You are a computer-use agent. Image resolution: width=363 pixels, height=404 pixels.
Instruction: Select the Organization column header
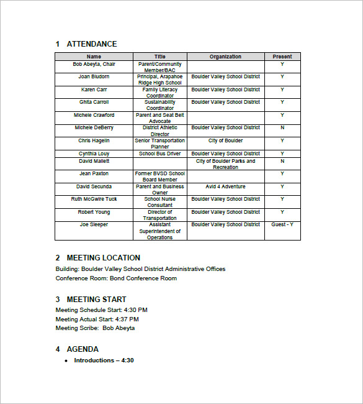coord(225,57)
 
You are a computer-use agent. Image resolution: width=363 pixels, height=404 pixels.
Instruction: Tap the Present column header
coord(282,57)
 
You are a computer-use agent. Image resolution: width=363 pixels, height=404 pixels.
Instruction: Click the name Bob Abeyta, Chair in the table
coord(94,64)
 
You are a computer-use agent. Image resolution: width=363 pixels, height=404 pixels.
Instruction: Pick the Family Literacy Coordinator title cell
coord(160,93)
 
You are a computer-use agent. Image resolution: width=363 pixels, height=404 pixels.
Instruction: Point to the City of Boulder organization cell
coord(225,141)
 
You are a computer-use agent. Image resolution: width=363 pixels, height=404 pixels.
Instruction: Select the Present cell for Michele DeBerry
coord(282,127)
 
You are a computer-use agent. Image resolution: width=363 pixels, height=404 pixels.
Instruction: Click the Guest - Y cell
coord(282,224)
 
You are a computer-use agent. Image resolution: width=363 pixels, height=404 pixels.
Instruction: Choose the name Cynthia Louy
coord(94,154)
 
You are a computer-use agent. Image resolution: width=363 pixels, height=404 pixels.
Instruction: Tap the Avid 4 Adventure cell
coord(225,186)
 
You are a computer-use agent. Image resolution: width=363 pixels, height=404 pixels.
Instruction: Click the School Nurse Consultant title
coord(160,202)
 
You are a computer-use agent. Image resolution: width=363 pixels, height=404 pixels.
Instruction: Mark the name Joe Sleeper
coord(94,224)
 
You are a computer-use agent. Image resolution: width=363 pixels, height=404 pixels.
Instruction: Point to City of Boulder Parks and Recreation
coord(225,164)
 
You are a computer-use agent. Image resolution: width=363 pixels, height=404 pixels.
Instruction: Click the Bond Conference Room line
coord(116,278)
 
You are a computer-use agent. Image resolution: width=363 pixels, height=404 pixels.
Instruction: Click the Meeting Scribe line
coord(95,328)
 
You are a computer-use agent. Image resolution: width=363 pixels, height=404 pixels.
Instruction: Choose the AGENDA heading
coord(83,349)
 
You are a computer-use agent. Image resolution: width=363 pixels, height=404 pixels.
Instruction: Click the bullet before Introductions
coord(66,361)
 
